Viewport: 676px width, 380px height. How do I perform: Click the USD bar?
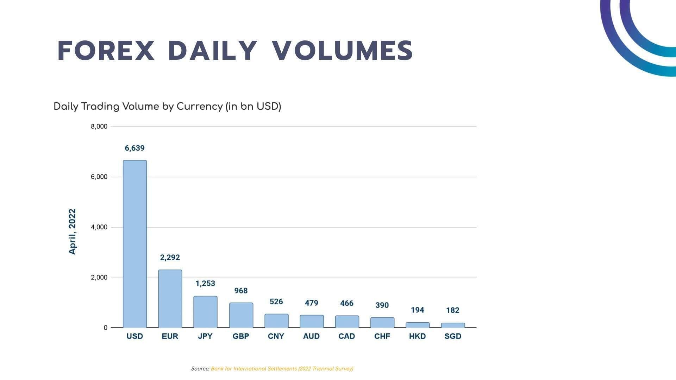click(x=135, y=244)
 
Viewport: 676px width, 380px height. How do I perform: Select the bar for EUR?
click(x=170, y=299)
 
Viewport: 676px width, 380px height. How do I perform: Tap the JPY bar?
click(x=205, y=312)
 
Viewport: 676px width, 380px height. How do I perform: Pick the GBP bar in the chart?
click(x=241, y=315)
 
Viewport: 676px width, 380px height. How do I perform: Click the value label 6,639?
click(x=135, y=148)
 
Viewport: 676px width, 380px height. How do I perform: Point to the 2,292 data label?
click(x=170, y=258)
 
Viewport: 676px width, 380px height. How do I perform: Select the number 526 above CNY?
click(x=276, y=302)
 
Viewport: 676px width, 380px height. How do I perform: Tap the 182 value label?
click(x=453, y=310)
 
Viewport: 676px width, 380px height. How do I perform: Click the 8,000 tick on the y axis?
click(x=99, y=127)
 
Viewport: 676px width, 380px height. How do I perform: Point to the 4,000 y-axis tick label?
click(x=99, y=227)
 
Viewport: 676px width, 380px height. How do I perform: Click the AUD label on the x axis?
click(x=311, y=336)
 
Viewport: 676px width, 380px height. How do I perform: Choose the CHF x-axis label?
click(x=382, y=336)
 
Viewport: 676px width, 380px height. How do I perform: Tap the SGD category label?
click(x=453, y=336)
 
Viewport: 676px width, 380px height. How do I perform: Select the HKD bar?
click(x=418, y=325)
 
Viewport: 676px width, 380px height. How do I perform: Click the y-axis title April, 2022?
click(x=72, y=232)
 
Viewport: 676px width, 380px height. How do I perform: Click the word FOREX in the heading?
click(x=106, y=51)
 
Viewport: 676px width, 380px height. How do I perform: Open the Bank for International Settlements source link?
click(x=282, y=369)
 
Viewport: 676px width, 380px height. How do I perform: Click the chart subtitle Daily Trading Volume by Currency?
click(x=167, y=106)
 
